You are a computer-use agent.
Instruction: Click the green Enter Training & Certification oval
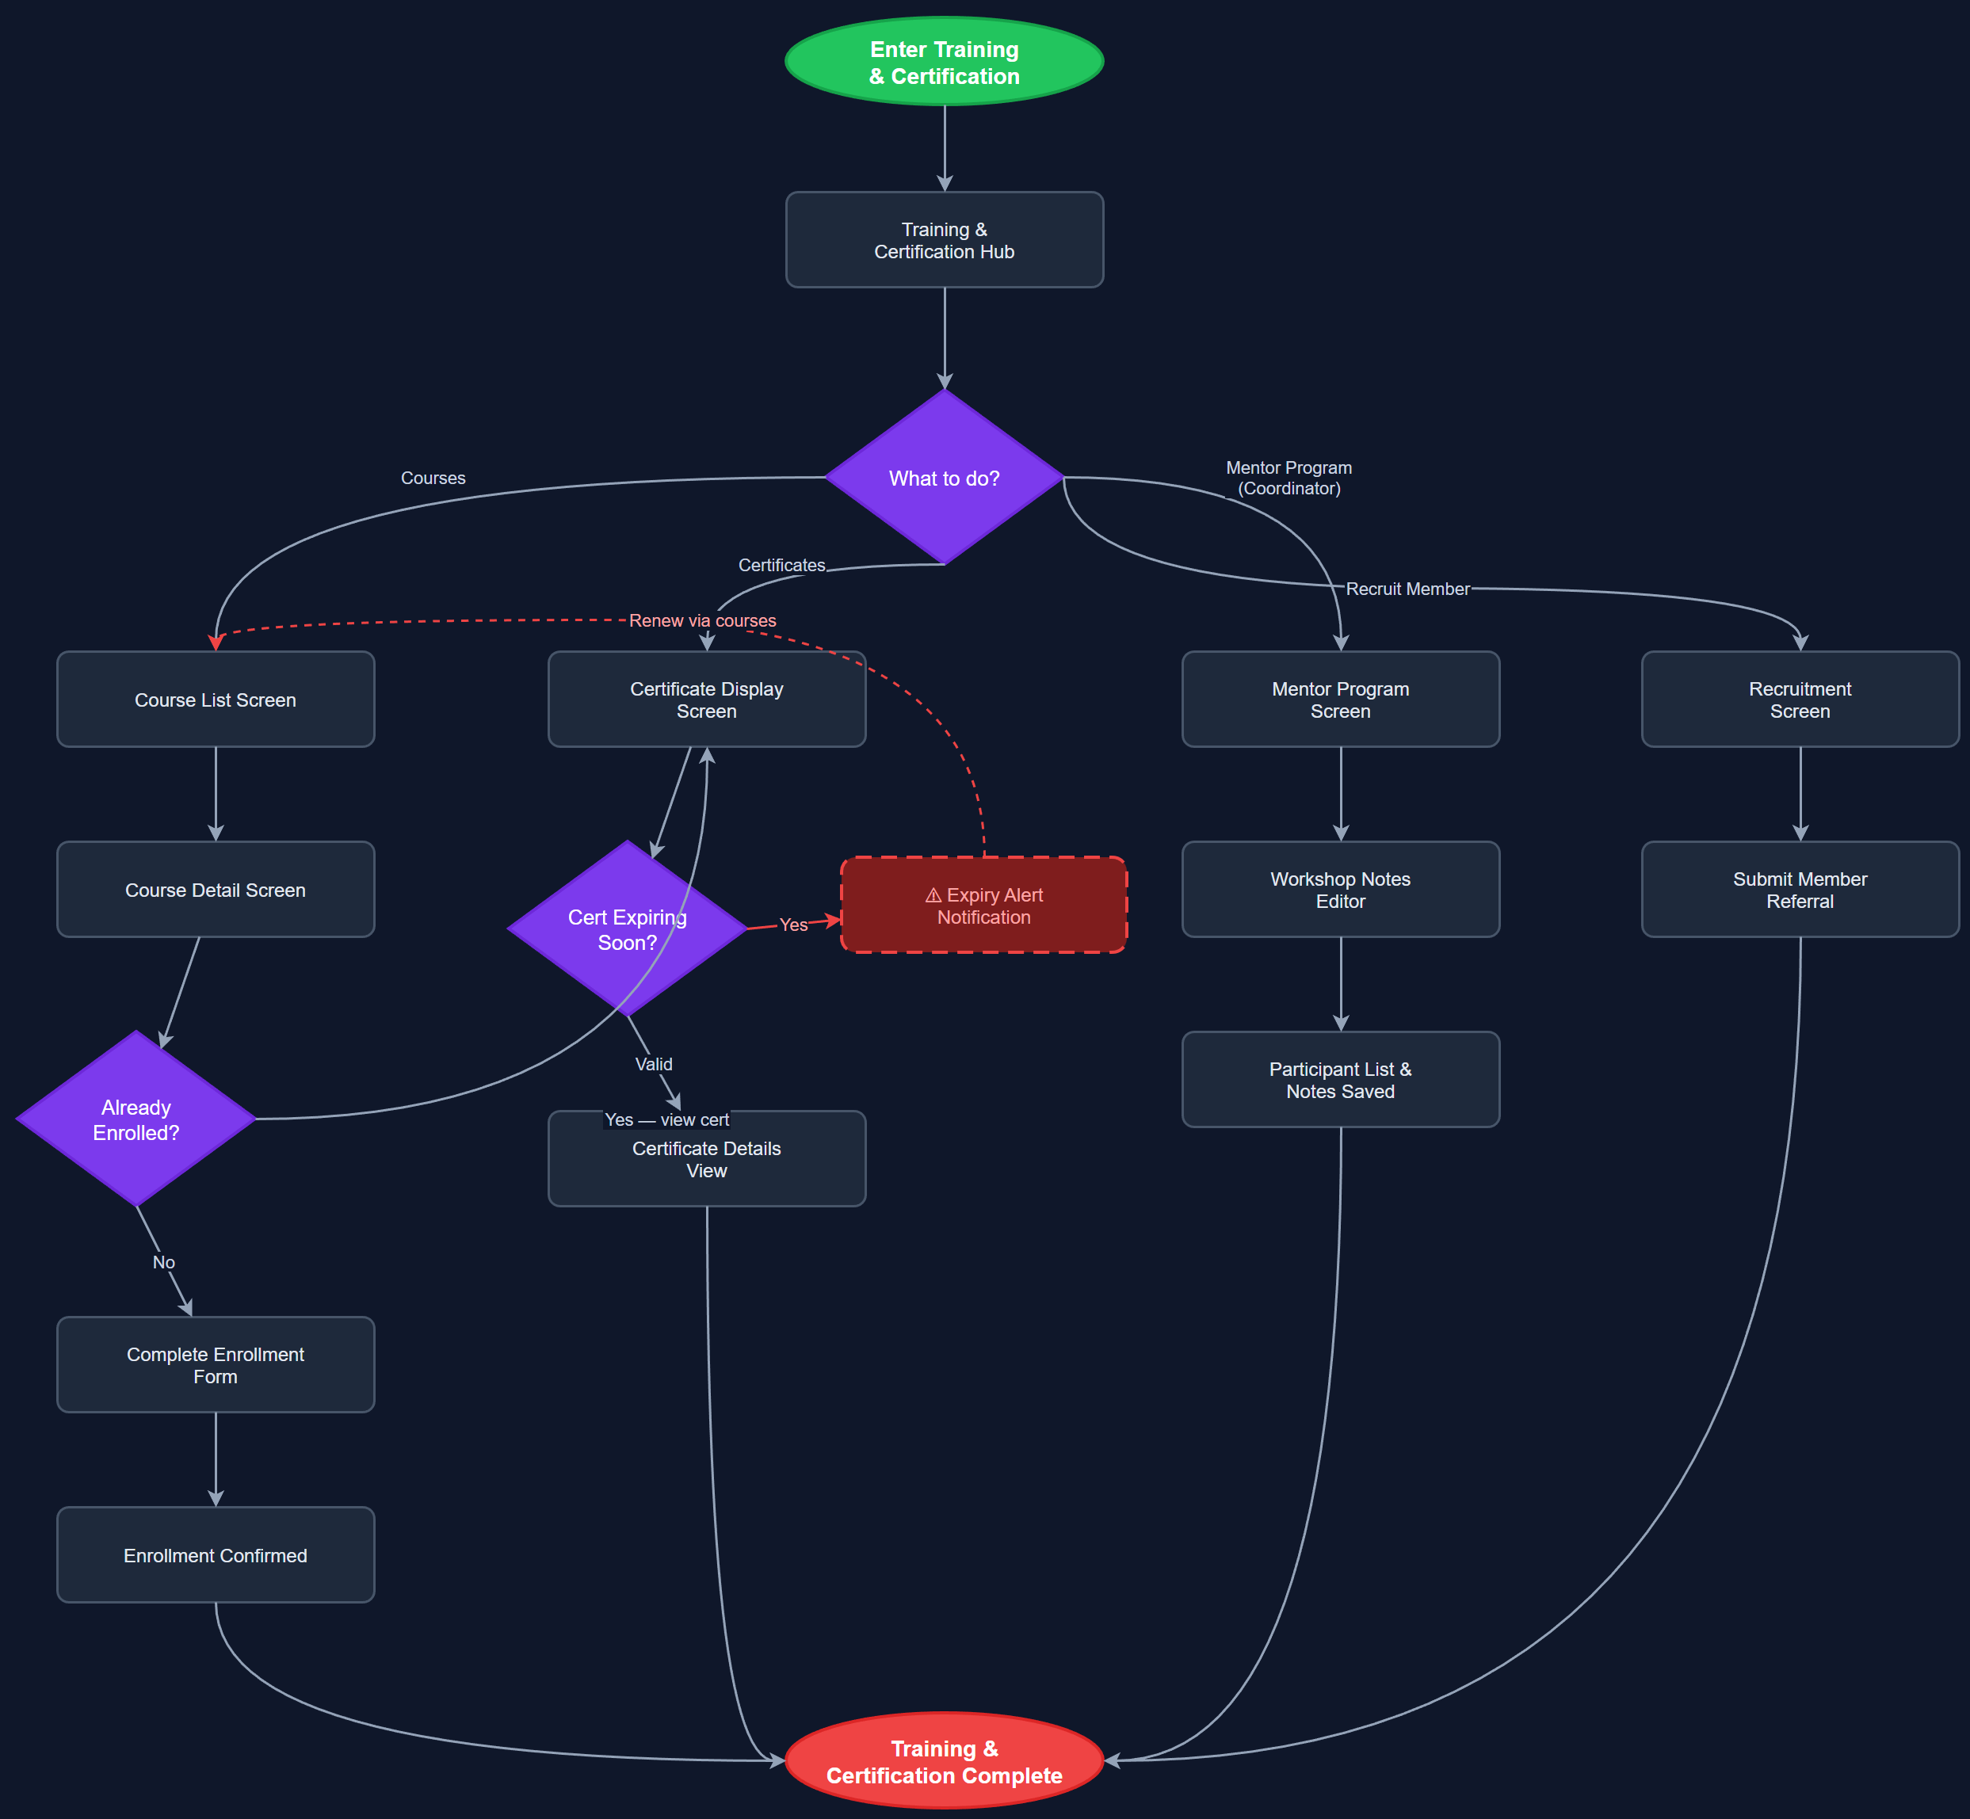pos(943,61)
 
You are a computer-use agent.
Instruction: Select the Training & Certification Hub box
pos(943,239)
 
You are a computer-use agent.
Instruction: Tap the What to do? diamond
pos(943,478)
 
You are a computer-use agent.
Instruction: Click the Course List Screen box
pos(215,699)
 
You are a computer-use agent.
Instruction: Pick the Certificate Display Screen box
pos(706,699)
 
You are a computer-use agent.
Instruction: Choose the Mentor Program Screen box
pos(1339,699)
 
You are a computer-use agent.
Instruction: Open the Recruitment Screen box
pos(1799,699)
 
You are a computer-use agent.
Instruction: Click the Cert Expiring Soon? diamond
pos(626,929)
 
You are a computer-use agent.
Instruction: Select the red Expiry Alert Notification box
pos(983,905)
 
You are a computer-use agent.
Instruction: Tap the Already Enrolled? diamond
pos(136,1119)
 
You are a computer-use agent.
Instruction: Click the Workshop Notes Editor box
pos(1339,889)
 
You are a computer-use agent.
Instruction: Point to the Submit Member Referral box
pos(1799,889)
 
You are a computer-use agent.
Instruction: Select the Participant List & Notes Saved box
pos(1339,1079)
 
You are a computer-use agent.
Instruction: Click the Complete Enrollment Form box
pos(215,1364)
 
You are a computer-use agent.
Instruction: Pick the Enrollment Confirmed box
pos(215,1554)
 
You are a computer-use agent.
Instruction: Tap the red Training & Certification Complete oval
pos(943,1761)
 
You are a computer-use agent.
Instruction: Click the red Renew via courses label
pos(702,620)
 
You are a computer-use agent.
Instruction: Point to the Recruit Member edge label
pos(1406,589)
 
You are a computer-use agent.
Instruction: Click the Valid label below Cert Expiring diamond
pos(653,1064)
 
